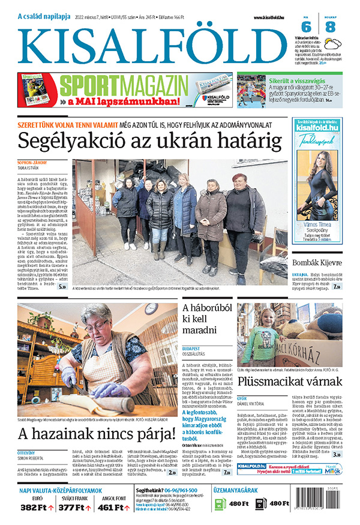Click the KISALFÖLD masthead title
pyautogui.click(x=152, y=44)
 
